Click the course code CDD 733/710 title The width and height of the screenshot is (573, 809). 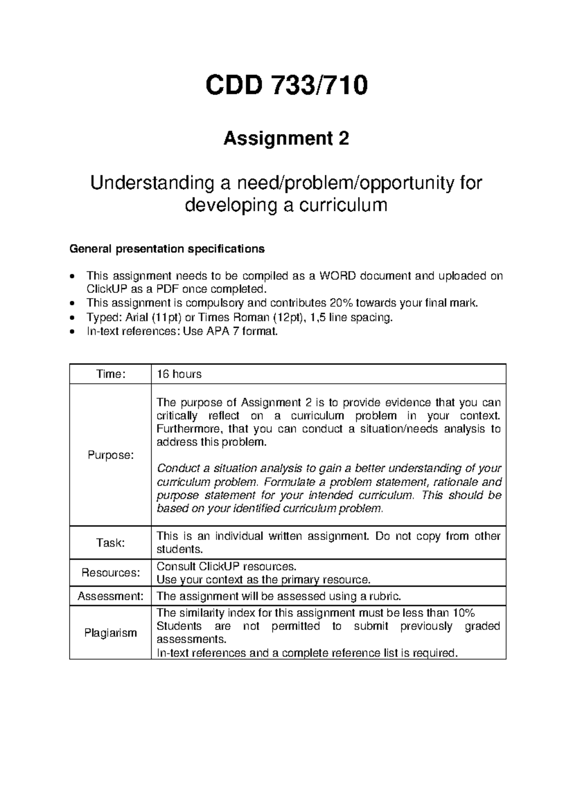pyautogui.click(x=286, y=86)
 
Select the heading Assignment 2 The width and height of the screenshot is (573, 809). pyautogui.click(x=286, y=139)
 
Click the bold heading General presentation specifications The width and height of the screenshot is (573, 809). pyautogui.click(x=167, y=249)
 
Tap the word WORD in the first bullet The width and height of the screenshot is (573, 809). pyautogui.click(x=338, y=276)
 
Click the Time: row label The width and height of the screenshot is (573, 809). pyautogui.click(x=110, y=374)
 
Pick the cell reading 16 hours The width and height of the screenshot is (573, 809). pyautogui.click(x=179, y=374)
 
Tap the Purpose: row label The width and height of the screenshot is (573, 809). pyautogui.click(x=110, y=455)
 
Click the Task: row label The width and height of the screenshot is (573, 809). pyautogui.click(x=110, y=543)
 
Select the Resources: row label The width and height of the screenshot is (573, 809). pyautogui.click(x=110, y=572)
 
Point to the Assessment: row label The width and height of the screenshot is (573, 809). pyautogui.click(x=110, y=596)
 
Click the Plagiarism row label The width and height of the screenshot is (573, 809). pyautogui.click(x=110, y=633)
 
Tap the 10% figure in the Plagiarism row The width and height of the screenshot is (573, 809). pyautogui.click(x=463, y=613)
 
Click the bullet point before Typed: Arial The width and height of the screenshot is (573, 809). pyautogui.click(x=72, y=317)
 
